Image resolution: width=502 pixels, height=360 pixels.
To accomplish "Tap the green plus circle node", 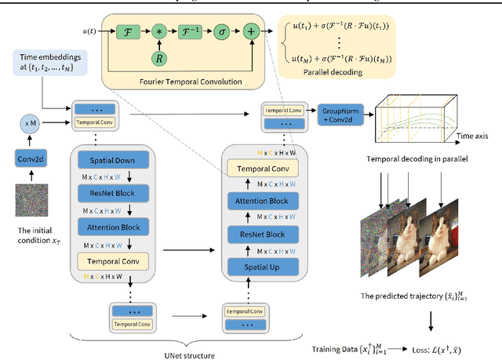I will pyautogui.click(x=250, y=32).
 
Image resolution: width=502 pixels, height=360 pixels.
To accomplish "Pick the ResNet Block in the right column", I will pyautogui.click(x=263, y=234).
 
